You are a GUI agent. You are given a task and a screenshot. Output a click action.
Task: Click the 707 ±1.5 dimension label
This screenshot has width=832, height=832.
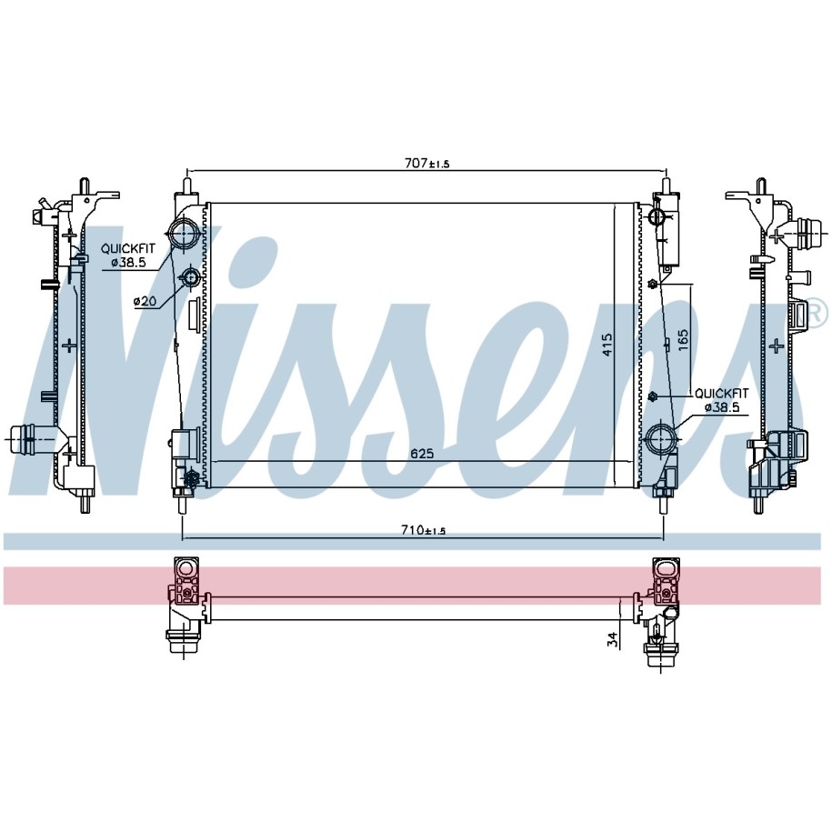[x=426, y=164]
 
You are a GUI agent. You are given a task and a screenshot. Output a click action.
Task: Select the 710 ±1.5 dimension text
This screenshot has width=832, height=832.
[x=423, y=529]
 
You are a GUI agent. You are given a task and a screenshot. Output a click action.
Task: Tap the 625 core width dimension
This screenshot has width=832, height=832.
[x=422, y=454]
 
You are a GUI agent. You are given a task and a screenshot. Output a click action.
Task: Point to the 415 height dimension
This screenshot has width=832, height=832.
[x=607, y=344]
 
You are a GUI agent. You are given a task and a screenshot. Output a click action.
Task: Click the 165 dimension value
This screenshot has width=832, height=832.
[x=683, y=340]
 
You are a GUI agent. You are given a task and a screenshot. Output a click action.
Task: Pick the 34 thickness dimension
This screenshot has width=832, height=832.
[x=612, y=639]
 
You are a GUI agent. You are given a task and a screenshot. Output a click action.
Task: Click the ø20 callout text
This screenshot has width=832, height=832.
[x=145, y=301]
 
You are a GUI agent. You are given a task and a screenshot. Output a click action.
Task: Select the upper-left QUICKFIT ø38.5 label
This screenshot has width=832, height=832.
[x=128, y=255]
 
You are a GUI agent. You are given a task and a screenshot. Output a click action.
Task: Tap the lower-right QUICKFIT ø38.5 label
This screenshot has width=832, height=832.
[x=722, y=400]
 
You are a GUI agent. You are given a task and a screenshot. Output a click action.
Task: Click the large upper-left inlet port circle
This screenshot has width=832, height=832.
[x=183, y=234]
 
